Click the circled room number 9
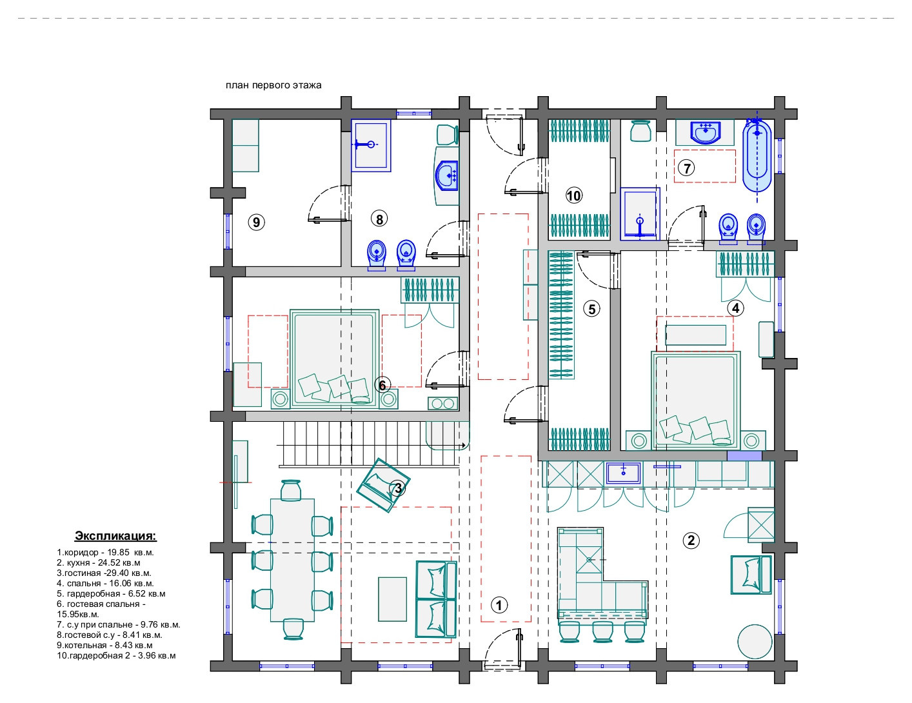click(257, 223)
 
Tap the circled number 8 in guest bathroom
click(379, 219)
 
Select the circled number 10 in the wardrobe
click(573, 195)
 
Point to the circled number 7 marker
click(687, 168)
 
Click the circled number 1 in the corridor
click(499, 605)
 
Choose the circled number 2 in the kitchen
click(691, 540)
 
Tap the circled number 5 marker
click(591, 309)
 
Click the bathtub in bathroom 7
click(756, 155)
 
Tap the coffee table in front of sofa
click(392, 599)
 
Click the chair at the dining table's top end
click(291, 490)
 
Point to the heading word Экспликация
click(115, 536)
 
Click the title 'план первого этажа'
click(273, 85)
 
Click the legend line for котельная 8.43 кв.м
click(105, 645)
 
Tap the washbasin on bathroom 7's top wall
click(704, 133)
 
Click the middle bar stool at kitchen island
click(602, 631)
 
